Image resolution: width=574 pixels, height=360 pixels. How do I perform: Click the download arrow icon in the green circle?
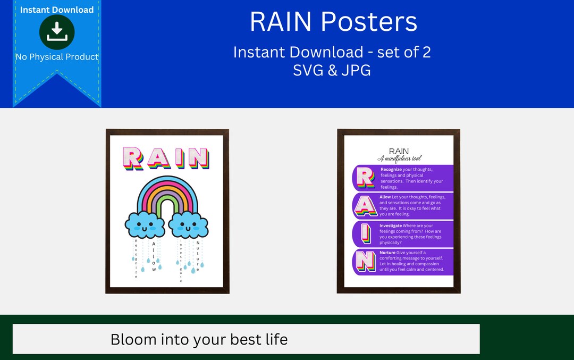click(x=57, y=32)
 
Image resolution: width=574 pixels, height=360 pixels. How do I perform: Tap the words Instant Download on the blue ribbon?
click(x=57, y=10)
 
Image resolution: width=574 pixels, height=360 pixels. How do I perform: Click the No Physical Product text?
click(x=57, y=57)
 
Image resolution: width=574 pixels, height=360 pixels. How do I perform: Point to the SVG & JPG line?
click(x=332, y=70)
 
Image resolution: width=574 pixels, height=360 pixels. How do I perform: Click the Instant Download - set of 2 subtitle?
click(x=332, y=52)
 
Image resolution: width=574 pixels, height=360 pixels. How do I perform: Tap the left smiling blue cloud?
click(x=145, y=224)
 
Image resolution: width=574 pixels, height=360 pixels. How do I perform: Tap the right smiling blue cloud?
click(x=188, y=224)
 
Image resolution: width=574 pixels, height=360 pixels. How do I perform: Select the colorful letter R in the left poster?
click(x=133, y=158)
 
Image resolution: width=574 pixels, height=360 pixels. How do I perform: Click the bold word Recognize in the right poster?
click(x=391, y=170)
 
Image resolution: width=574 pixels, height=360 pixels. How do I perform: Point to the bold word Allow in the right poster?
click(x=385, y=197)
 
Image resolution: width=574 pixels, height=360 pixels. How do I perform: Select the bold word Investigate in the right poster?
click(x=391, y=225)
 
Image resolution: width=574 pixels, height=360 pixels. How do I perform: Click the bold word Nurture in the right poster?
click(x=387, y=253)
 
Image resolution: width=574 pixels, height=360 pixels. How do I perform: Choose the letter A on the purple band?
click(x=365, y=206)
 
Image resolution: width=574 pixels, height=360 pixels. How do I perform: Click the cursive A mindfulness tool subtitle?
click(x=399, y=158)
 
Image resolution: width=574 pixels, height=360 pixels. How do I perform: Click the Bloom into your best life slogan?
click(x=199, y=339)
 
